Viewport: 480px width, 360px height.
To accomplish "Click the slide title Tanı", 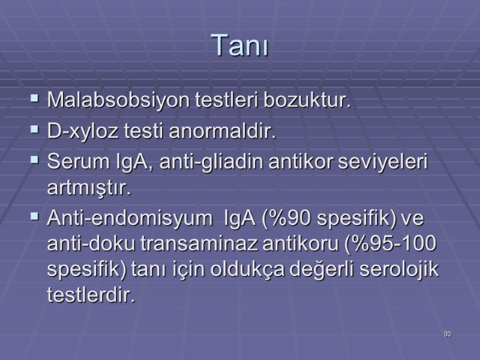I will point(239,46).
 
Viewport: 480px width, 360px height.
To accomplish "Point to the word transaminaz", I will point(191,244).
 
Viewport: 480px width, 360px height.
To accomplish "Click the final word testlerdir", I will point(91,296).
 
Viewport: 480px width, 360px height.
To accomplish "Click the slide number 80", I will point(447,333).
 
